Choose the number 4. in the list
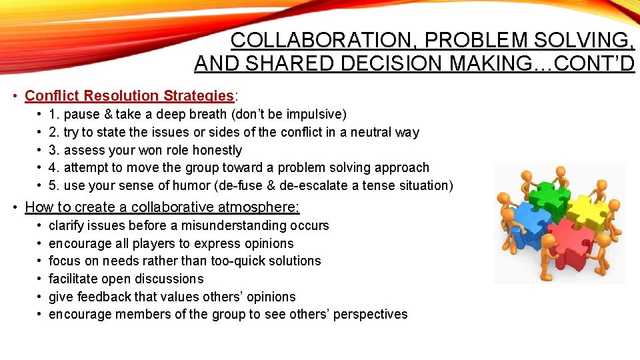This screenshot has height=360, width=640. [x=55, y=168]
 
